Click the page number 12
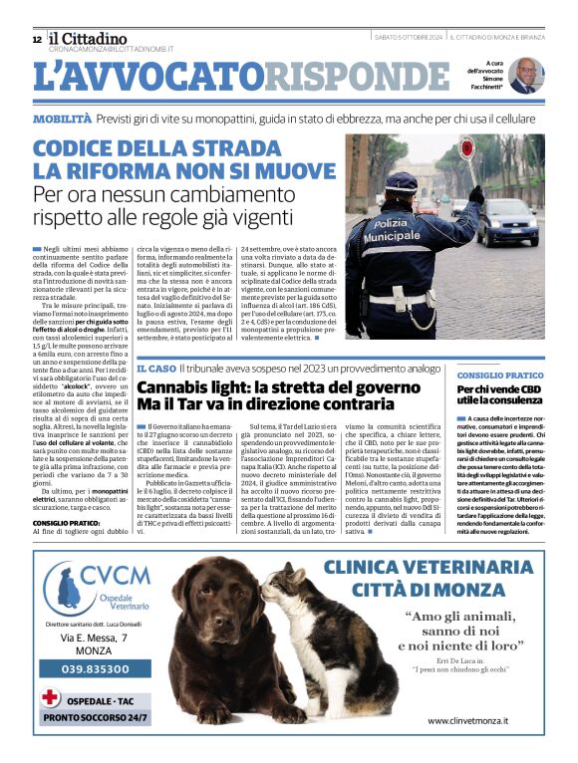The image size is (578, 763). (37, 40)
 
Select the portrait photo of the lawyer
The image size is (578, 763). (524, 75)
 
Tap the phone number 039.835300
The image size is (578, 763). (95, 669)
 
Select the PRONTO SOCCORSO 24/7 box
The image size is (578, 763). (96, 716)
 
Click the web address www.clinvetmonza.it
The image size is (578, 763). (466, 719)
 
